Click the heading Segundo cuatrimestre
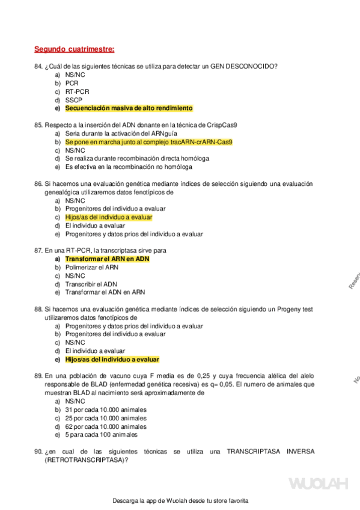[x=74, y=49]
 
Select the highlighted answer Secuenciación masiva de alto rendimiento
[x=129, y=108]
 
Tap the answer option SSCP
[x=74, y=100]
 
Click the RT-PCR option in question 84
[x=77, y=91]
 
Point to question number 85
[x=38, y=125]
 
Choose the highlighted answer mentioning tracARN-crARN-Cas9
[x=148, y=142]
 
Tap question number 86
[x=38, y=183]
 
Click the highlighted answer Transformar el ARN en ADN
[x=107, y=259]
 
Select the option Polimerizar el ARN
[x=91, y=267]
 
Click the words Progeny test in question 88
[x=294, y=309]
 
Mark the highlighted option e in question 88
[x=112, y=359]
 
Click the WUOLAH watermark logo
[x=319, y=484]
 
